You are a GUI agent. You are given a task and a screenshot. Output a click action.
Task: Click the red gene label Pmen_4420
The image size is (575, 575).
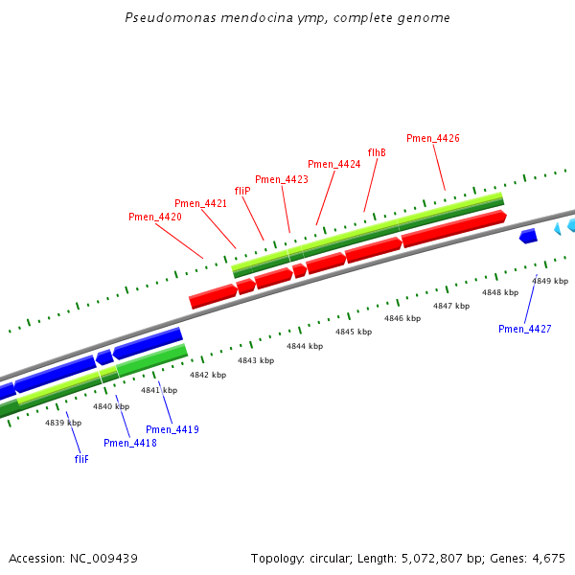[155, 218]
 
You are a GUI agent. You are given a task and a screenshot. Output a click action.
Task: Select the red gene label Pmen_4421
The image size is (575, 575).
[201, 203]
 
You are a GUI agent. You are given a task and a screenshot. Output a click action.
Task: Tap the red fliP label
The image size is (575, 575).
[242, 191]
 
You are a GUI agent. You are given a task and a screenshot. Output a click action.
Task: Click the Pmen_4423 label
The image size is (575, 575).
[282, 179]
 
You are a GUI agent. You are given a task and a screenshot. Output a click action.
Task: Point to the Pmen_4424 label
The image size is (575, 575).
[334, 165]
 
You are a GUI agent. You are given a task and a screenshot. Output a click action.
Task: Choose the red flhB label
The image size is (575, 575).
[377, 152]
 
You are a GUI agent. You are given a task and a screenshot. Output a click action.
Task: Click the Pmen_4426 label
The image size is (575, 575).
[433, 138]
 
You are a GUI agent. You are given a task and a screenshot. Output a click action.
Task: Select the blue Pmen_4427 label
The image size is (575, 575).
[525, 329]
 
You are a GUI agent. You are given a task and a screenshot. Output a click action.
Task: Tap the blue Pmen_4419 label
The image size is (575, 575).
[172, 429]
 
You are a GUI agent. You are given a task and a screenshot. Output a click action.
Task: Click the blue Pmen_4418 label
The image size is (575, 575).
[130, 443]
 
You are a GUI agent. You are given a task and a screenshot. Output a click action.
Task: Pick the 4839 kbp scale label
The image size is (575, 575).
[62, 423]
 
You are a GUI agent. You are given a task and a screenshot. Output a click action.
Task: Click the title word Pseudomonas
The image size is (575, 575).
[166, 18]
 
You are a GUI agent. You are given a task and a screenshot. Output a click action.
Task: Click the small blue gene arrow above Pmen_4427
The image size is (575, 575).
[528, 236]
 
